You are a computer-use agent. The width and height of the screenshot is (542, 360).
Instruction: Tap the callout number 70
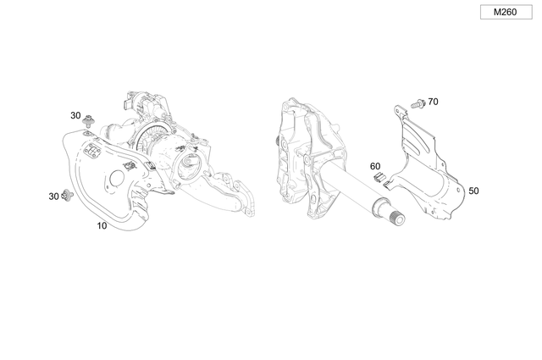[x=433, y=102]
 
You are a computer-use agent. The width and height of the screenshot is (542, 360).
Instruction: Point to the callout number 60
[x=375, y=166]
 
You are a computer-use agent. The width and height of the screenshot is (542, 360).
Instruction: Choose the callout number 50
[x=473, y=191]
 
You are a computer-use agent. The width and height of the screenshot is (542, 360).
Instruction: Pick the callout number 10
[x=102, y=226]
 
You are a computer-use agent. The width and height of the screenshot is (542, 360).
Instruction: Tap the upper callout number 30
[x=75, y=115]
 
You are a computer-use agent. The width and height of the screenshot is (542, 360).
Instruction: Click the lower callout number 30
[x=54, y=197]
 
